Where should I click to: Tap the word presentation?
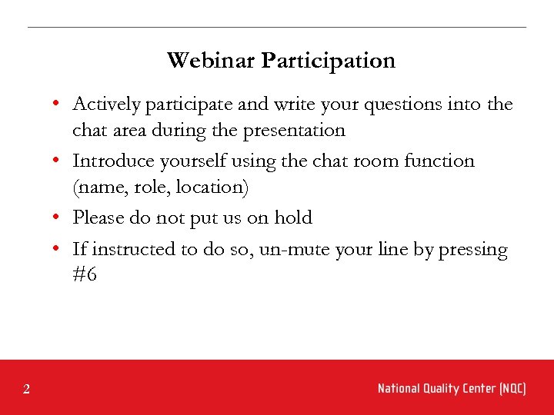(x=294, y=131)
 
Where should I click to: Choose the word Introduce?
(x=109, y=161)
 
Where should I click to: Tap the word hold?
(x=293, y=218)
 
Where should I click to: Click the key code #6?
(x=85, y=275)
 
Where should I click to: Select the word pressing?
(x=472, y=251)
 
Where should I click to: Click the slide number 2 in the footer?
(x=26, y=390)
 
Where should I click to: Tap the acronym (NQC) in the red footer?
(x=512, y=389)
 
